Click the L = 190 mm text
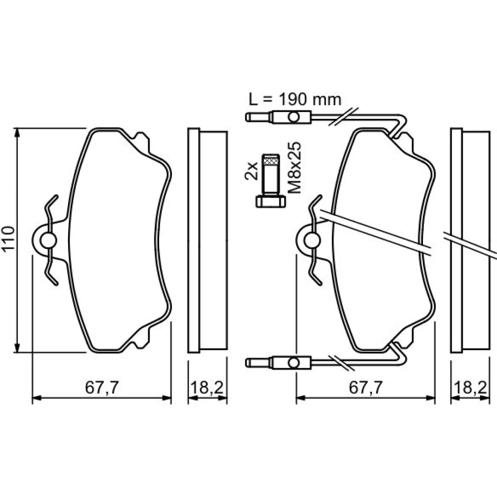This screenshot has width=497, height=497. coord(295,99)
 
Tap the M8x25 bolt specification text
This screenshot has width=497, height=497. coord(294,167)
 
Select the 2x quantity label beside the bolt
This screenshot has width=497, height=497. coord(251,171)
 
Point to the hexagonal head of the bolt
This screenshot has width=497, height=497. coord(271,201)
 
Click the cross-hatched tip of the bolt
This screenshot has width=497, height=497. coord(271,160)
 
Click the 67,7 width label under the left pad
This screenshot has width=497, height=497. coord(102,387)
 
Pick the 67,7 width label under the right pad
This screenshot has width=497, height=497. coord(366,387)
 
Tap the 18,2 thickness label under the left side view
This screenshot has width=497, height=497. coord(207,387)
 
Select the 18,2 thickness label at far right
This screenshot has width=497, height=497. coord(470,387)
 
